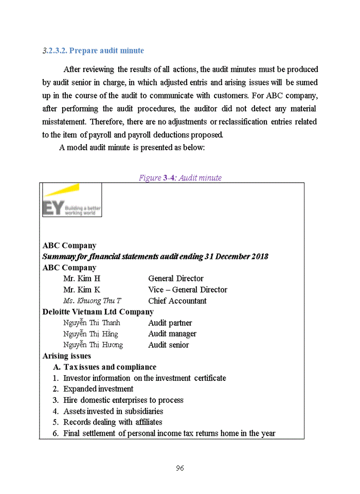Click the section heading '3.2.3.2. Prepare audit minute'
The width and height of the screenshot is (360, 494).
93,50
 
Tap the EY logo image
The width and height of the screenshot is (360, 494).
71,200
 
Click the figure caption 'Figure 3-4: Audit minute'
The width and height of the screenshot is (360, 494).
180,178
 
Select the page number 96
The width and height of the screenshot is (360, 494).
180,468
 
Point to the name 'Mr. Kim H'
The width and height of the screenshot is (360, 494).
82,278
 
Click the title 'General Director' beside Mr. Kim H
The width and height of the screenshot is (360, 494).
176,278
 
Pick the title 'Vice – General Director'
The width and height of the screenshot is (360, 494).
188,290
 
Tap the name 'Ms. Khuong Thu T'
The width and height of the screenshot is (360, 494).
93,301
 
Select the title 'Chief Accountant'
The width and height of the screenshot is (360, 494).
177,301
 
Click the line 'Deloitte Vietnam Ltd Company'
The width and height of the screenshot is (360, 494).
98,312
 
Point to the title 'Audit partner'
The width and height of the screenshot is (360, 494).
170,323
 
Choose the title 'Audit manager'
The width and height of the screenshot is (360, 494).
172,334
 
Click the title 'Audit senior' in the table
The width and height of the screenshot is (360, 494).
169,345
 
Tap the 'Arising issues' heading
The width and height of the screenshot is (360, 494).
67,356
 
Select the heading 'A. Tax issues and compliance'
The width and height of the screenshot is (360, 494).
105,367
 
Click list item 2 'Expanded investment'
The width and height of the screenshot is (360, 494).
98,389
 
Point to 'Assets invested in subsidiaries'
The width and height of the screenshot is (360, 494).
113,411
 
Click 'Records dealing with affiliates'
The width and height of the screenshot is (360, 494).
113,422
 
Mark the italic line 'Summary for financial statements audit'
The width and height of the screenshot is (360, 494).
155,256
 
